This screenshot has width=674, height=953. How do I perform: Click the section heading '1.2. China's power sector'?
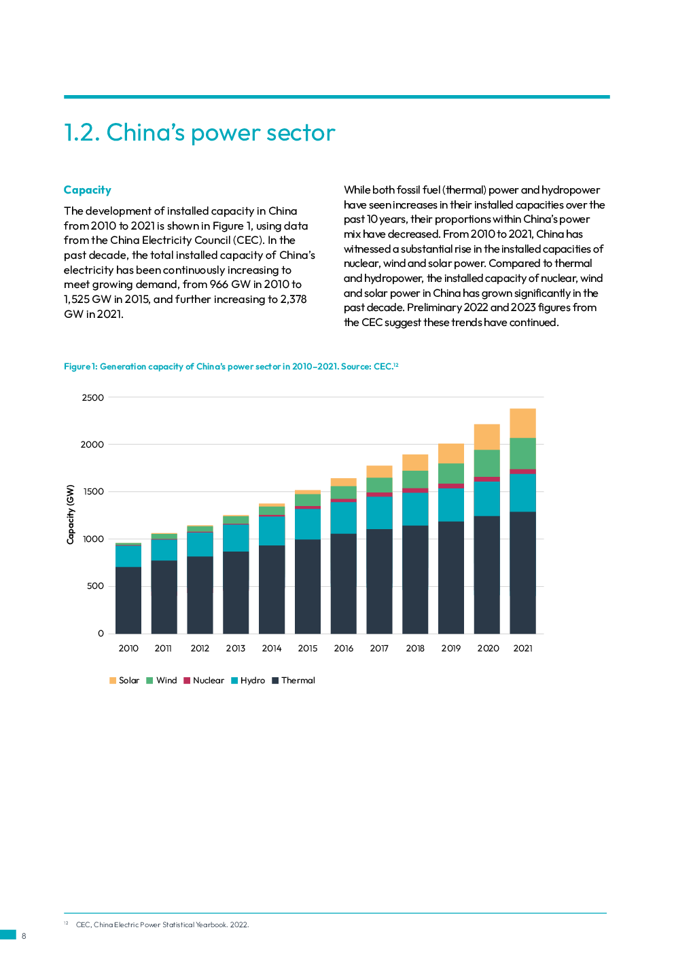(199, 132)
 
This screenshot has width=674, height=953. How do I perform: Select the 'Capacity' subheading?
(87, 190)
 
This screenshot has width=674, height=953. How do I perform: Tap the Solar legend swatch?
(113, 681)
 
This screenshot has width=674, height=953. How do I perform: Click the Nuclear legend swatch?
(187, 681)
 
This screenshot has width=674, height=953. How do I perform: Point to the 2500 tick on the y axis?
(93, 397)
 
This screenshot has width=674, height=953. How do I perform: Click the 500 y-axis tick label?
(95, 586)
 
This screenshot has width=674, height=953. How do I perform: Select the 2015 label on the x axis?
(307, 649)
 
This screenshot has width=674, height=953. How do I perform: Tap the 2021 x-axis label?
(522, 649)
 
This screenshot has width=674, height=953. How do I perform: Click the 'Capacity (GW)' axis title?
(70, 514)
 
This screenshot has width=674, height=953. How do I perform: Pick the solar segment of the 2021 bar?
(522, 422)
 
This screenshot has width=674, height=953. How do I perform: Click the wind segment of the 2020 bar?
(486, 463)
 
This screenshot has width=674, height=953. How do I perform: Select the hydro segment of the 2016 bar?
(343, 518)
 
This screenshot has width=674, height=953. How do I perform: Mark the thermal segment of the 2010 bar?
(128, 600)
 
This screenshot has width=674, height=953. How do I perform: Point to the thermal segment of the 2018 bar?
(415, 579)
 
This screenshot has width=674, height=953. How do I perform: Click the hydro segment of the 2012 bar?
(200, 544)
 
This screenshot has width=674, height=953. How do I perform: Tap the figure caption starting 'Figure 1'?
(230, 367)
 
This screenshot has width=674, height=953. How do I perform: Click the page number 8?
(24, 936)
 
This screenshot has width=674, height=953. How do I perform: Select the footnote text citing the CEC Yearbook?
(162, 924)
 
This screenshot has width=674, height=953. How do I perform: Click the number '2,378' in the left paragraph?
(293, 300)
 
